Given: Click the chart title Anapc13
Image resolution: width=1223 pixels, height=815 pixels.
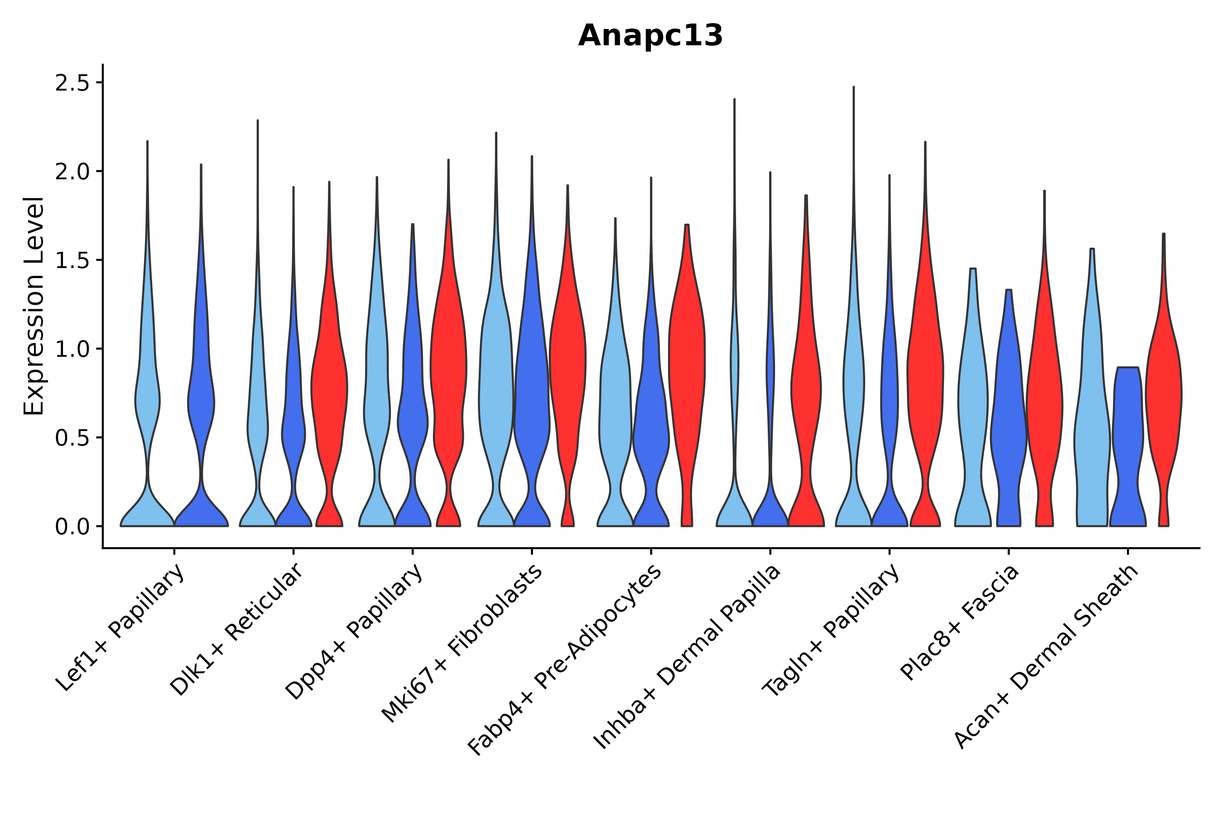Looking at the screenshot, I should coord(650,36).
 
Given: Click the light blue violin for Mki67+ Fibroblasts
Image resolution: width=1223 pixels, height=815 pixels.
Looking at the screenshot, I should coord(496,390).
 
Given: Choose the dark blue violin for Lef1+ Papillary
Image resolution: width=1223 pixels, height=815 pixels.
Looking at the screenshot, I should coord(201,405).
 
